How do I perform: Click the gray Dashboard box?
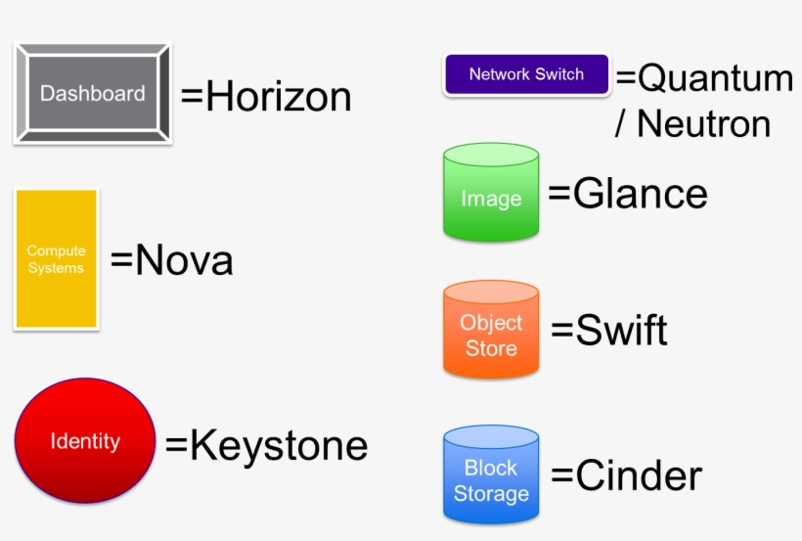[x=93, y=94]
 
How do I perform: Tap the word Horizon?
[x=278, y=97]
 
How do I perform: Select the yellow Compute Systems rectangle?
[x=57, y=259]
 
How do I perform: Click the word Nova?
[x=183, y=261]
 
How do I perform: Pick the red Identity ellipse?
[x=85, y=441]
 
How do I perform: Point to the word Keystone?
[x=279, y=445]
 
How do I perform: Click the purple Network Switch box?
[x=526, y=74]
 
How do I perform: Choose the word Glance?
[x=640, y=194]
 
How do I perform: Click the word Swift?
[x=621, y=332]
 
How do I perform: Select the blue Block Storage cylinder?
[x=491, y=476]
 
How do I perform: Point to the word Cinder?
[x=639, y=476]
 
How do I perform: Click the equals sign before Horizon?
[x=192, y=98]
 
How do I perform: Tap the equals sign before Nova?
[x=121, y=261]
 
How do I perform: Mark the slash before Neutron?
[x=621, y=124]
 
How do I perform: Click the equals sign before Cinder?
[x=562, y=477]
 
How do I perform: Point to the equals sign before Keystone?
[x=176, y=446]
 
